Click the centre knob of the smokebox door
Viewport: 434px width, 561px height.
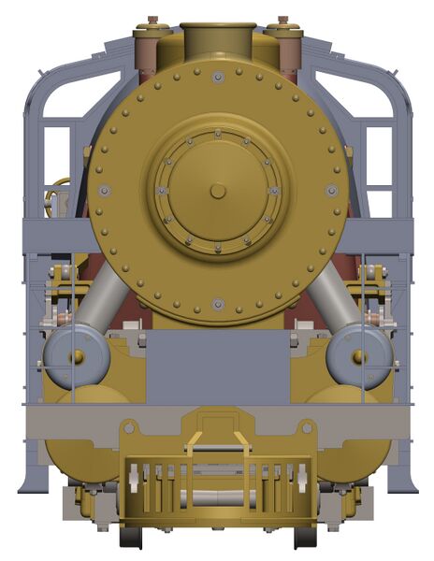[x=217, y=191]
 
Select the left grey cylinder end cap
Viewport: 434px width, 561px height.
[x=75, y=356]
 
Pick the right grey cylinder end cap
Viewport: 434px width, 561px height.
[x=359, y=356]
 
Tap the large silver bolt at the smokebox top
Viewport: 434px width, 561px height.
[x=217, y=77]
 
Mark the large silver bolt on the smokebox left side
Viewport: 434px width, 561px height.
[x=104, y=191]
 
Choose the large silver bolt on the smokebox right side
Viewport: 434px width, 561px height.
[x=331, y=191]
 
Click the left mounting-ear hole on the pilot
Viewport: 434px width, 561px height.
[x=128, y=427]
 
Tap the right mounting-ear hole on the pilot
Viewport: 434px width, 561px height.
[x=306, y=427]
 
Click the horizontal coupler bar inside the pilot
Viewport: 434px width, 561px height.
[x=217, y=497]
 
